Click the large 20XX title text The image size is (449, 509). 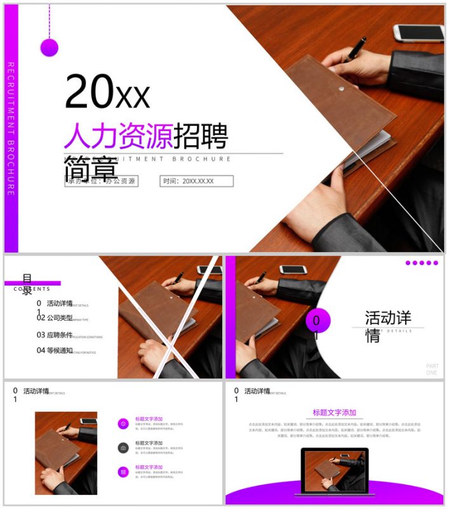click(x=107, y=93)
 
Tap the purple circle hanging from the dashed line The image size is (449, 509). click(x=50, y=47)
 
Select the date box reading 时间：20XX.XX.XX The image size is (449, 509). click(x=197, y=181)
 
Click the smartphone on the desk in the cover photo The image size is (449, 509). click(x=418, y=32)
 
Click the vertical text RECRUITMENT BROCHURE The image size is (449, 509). click(x=11, y=128)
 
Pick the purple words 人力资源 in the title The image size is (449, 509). click(x=118, y=136)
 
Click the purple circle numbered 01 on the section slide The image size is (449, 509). click(x=318, y=321)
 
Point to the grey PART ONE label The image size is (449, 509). click(x=432, y=369)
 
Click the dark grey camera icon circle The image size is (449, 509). click(x=123, y=448)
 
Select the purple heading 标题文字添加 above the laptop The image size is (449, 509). click(x=335, y=412)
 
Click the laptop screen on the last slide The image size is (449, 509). click(x=334, y=470)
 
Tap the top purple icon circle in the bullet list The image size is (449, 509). click(x=123, y=424)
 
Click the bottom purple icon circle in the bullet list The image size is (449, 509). click(x=123, y=471)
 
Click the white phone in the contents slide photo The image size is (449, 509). click(x=209, y=270)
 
